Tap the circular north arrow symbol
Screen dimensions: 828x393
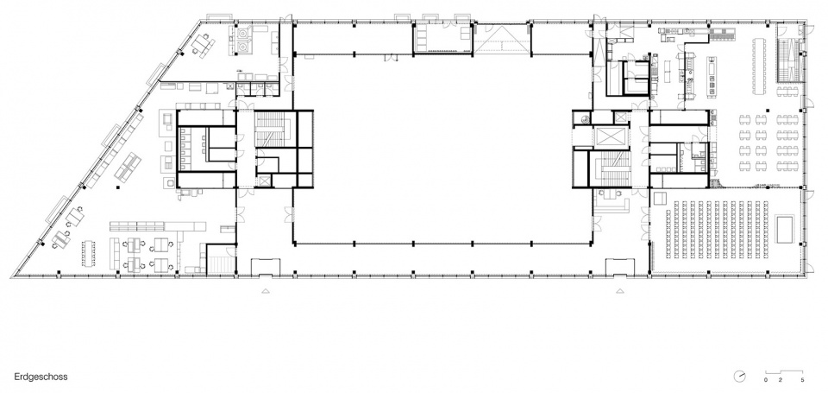point(740,376)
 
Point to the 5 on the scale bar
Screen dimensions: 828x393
point(802,380)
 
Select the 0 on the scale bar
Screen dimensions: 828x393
point(766,380)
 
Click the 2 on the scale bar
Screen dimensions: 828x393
point(781,380)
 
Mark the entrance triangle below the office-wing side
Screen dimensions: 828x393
point(266,290)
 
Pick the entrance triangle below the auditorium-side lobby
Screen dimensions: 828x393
point(619,290)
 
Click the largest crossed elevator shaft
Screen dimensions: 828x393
point(609,137)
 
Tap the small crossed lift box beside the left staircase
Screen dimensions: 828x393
point(264,181)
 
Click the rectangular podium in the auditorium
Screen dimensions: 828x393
point(785,229)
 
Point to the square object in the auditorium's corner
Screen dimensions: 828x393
point(660,199)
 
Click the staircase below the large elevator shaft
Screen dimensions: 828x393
point(612,168)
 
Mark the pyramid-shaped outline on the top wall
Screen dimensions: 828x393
point(502,38)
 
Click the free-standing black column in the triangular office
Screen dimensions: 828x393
point(118,187)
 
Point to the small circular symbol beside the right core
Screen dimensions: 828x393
point(585,119)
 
